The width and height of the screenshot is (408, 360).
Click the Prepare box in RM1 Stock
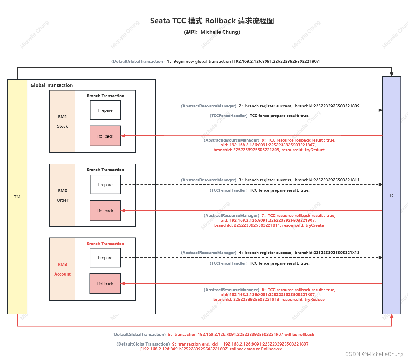(105, 110)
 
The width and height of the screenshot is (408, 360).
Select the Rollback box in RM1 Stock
(105, 136)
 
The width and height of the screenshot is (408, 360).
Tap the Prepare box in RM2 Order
(105, 185)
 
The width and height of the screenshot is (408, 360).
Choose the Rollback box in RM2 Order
(105, 211)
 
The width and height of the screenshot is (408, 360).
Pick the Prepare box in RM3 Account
(105, 258)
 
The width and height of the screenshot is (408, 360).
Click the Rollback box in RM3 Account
(105, 284)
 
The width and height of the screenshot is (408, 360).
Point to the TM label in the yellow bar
(17, 197)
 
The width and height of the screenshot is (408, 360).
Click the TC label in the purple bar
(392, 196)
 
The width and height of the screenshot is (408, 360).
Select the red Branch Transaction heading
(105, 244)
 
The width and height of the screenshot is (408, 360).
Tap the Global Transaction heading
(52, 85)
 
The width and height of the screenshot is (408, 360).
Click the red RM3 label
(62, 264)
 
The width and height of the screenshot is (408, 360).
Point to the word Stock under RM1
(62, 126)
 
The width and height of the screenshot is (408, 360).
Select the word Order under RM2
(62, 200)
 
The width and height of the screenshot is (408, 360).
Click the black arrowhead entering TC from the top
(392, 74)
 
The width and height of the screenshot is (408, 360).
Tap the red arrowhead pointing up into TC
(392, 316)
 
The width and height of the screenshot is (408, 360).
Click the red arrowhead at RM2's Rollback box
(123, 211)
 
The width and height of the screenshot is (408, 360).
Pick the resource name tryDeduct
(315, 150)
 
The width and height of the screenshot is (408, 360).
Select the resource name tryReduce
(315, 300)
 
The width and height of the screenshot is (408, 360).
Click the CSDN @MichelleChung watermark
(374, 354)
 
